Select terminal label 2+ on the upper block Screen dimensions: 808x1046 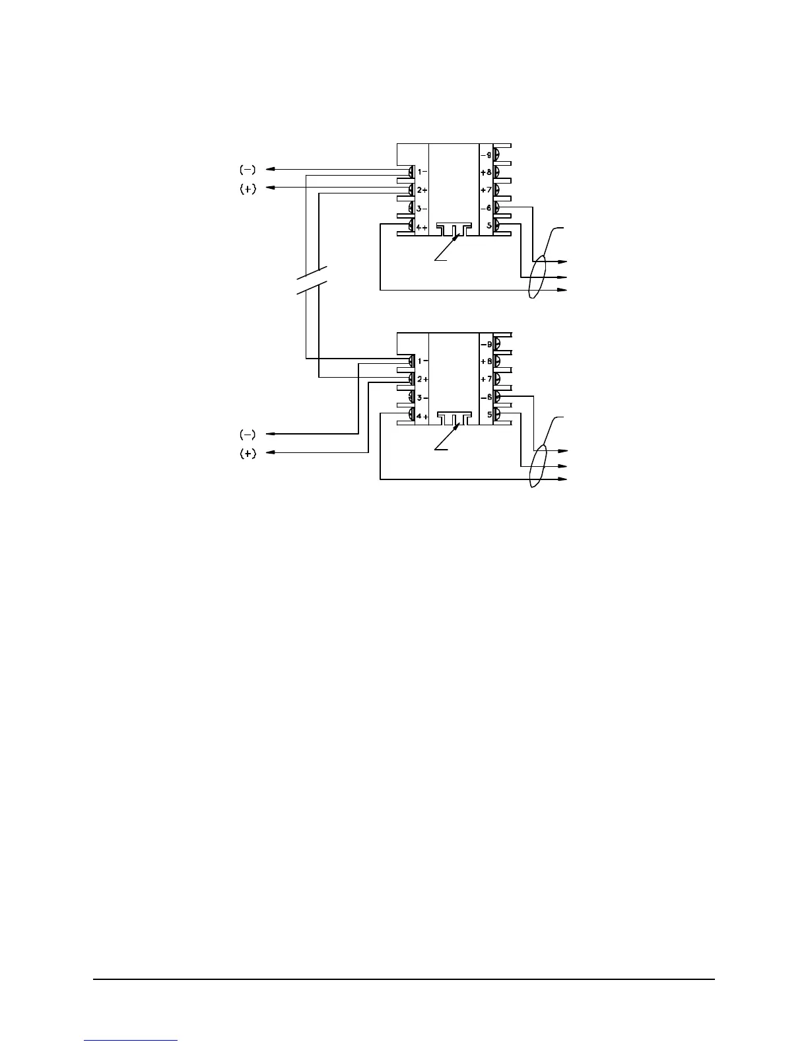click(x=422, y=190)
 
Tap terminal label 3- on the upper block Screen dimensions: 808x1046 click(x=422, y=209)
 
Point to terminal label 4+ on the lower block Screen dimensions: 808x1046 click(x=422, y=417)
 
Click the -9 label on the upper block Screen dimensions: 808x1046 click(x=486, y=155)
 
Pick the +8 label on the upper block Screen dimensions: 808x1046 click(x=486, y=172)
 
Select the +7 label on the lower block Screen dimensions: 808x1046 click(x=486, y=379)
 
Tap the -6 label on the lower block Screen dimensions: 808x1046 click(x=486, y=397)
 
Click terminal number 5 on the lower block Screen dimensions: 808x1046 click(x=488, y=415)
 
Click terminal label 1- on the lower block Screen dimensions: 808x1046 click(x=422, y=361)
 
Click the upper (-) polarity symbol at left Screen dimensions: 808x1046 click(x=248, y=170)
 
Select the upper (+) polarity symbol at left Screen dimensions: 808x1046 click(x=248, y=189)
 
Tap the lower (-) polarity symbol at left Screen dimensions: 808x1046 click(x=248, y=434)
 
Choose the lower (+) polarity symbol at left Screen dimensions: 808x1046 click(x=248, y=454)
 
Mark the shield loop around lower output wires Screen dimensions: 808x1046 click(x=539, y=466)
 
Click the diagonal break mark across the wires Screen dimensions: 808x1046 click(x=312, y=282)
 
